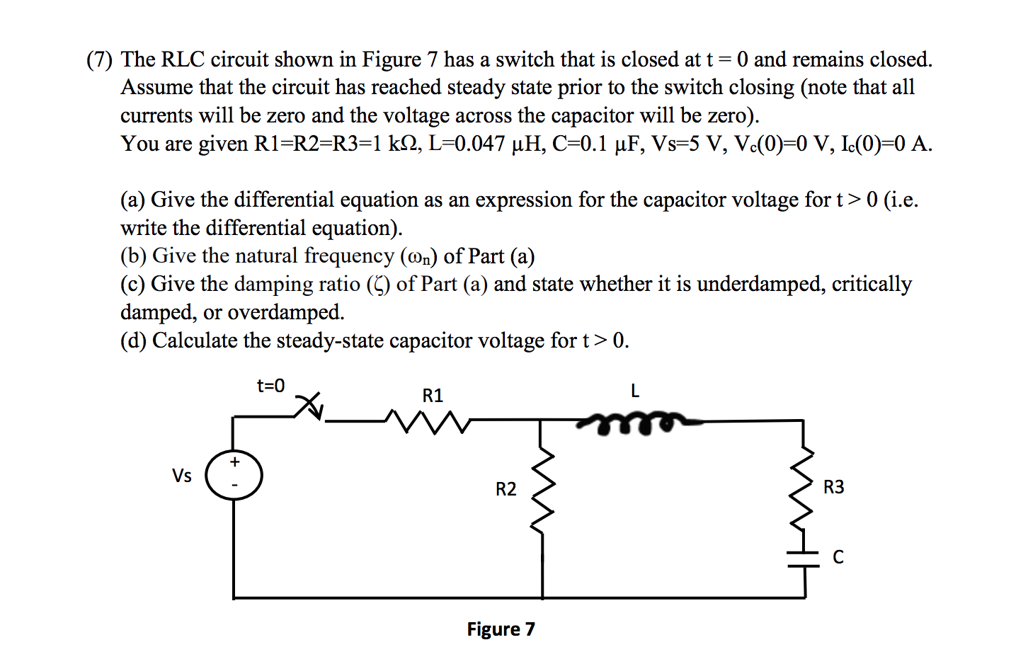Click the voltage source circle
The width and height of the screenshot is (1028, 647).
(x=234, y=475)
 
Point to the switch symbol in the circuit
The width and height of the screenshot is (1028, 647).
(x=309, y=406)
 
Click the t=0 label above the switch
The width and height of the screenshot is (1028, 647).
(x=270, y=386)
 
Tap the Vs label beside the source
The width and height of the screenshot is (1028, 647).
(x=182, y=476)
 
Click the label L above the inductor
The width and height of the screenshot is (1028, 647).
(x=634, y=391)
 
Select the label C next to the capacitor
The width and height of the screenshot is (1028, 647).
(x=838, y=558)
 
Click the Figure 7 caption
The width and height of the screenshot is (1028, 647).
(x=501, y=629)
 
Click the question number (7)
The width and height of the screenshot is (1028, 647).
(x=100, y=59)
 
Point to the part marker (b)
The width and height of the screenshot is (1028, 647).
(x=133, y=256)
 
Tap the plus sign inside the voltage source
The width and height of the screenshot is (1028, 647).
(x=234, y=462)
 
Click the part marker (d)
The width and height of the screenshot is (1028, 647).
(x=133, y=340)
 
